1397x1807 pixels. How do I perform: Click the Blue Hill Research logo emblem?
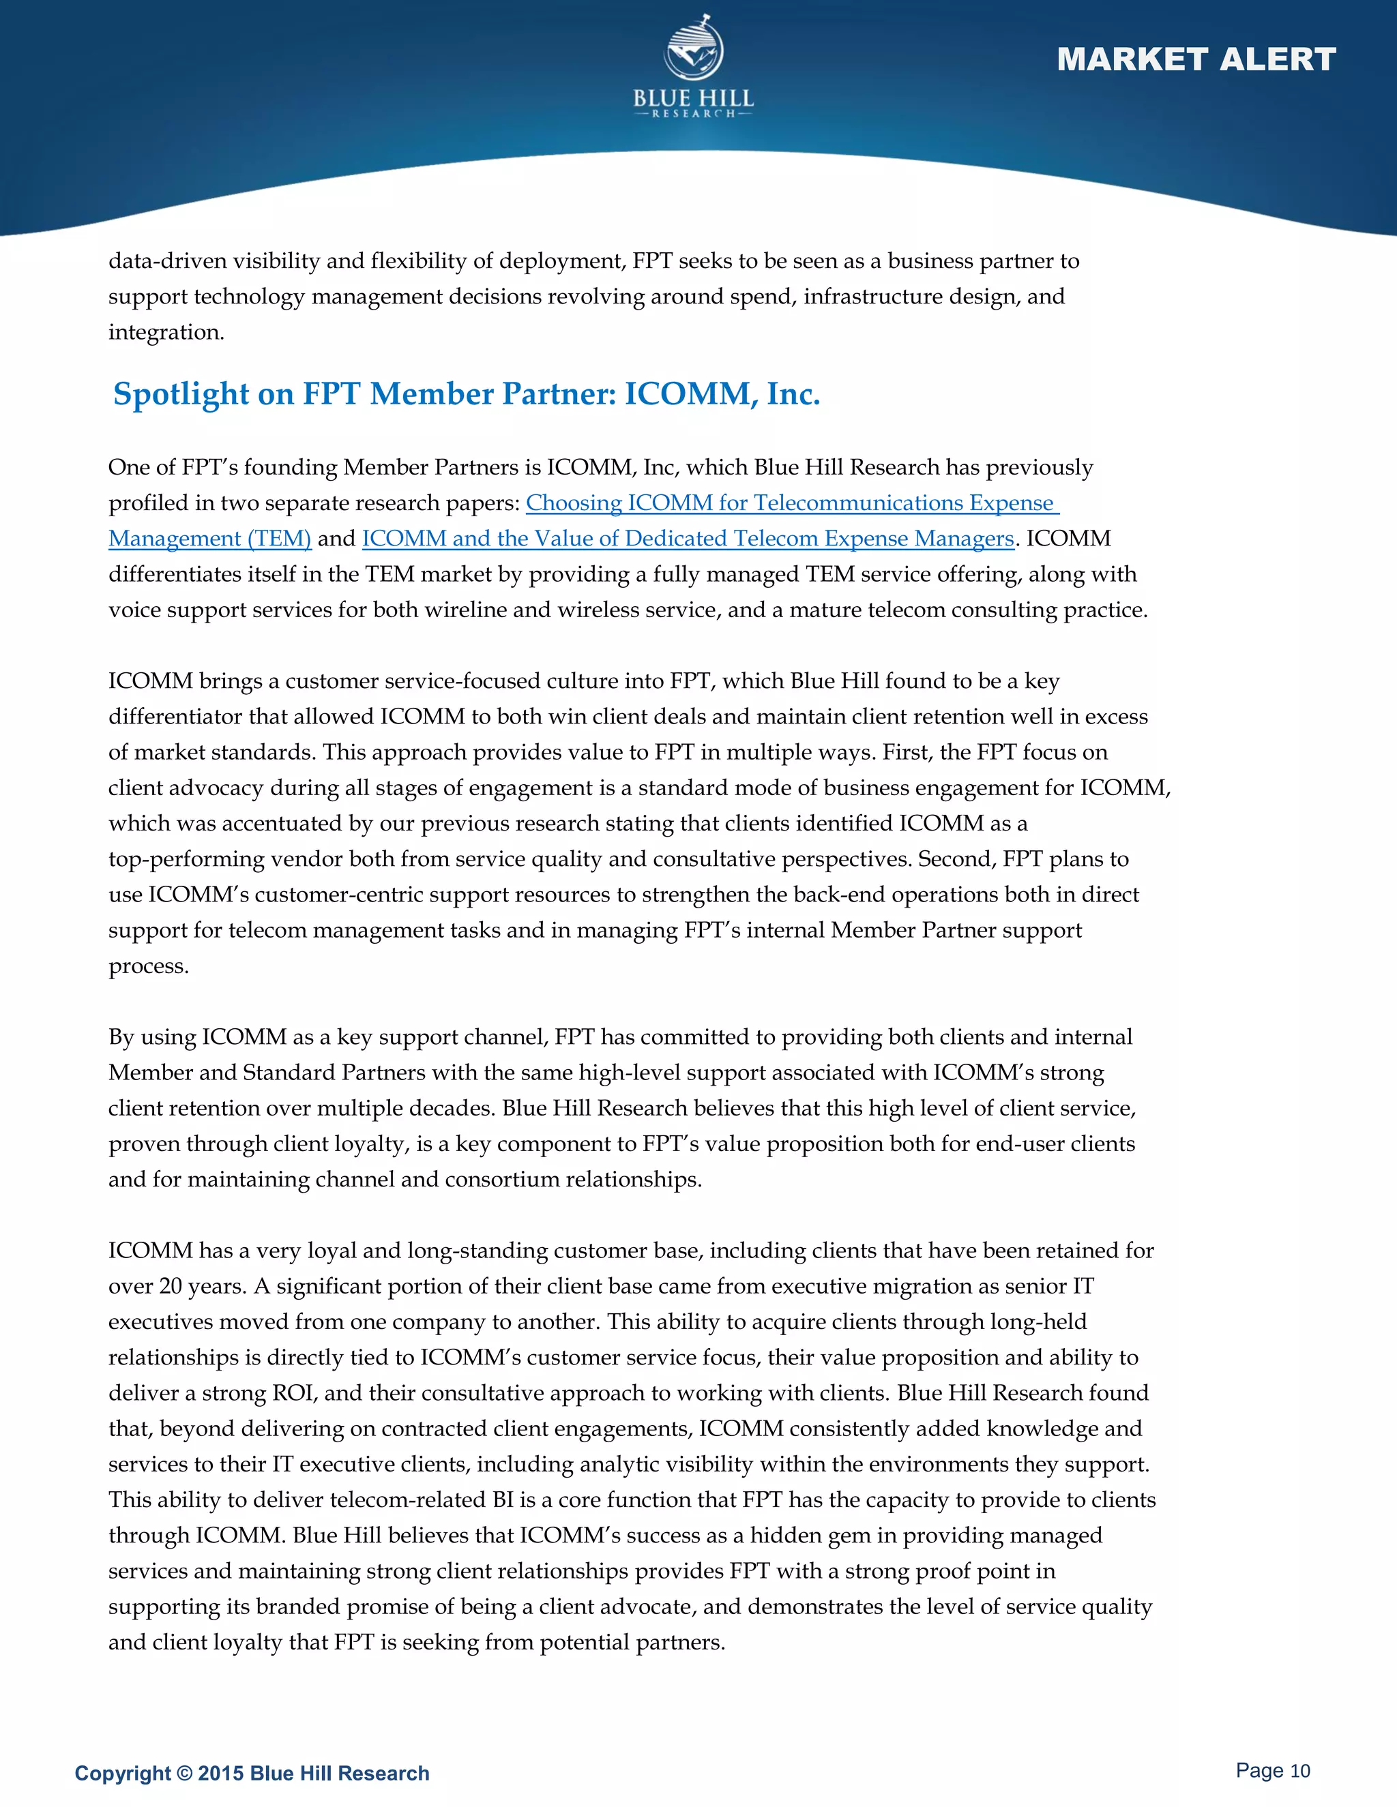coord(694,50)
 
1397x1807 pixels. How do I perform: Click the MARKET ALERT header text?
coord(1196,59)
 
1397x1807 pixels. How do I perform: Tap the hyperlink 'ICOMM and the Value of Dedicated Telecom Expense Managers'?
coord(688,539)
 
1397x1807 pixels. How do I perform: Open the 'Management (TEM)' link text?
coord(209,539)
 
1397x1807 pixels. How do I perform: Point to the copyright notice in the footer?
coord(252,1773)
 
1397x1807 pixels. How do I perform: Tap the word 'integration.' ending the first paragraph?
coord(166,333)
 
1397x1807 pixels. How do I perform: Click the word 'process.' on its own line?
coord(149,966)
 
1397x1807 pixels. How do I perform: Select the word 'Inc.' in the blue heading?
coord(793,394)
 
